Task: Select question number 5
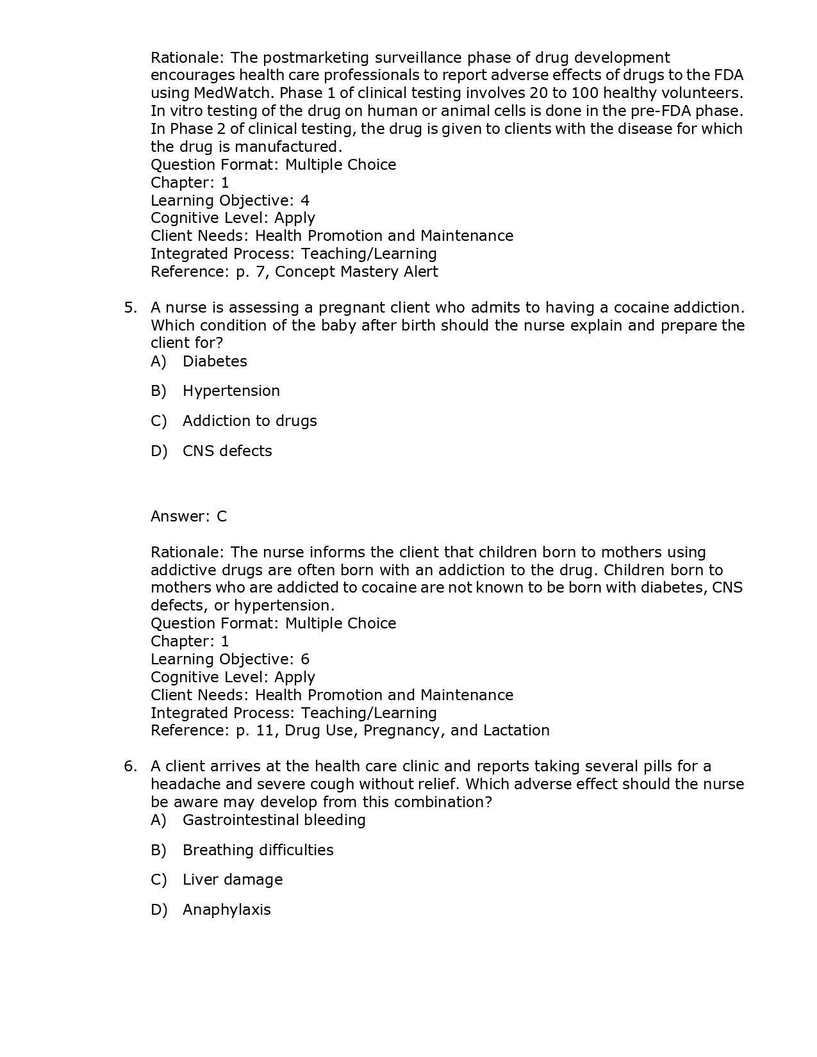130,307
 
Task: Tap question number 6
130,766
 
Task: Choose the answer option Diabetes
215,361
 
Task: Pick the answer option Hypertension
231,391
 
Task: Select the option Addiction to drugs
249,421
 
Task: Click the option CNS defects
227,451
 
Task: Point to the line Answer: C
188,516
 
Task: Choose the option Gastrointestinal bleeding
274,820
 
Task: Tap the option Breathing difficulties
258,850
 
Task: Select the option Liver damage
232,880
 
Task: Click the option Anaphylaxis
226,910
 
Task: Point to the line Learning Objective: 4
229,201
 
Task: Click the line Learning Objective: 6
229,659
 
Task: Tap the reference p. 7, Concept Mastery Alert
294,272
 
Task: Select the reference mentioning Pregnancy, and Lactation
350,730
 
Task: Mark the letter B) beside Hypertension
158,391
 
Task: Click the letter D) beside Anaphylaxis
158,910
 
